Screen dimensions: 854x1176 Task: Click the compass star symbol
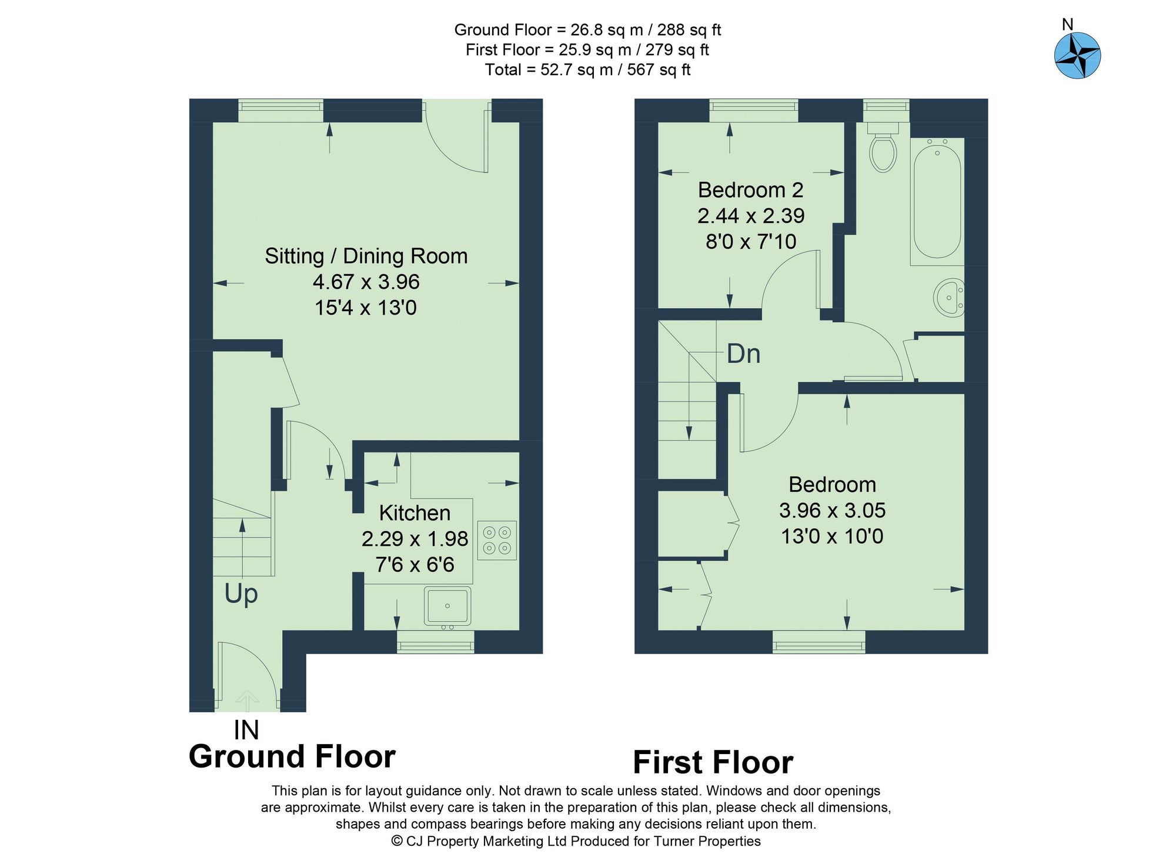click(x=1077, y=56)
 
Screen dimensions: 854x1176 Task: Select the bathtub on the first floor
click(x=937, y=201)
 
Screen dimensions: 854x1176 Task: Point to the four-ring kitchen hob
click(x=497, y=540)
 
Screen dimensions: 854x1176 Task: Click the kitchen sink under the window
click(x=447, y=606)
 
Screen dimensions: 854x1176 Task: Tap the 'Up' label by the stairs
click(x=241, y=594)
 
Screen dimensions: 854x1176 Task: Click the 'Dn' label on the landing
click(x=743, y=353)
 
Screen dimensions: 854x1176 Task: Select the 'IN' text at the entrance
click(x=246, y=730)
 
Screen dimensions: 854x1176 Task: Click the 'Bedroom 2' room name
click(x=750, y=190)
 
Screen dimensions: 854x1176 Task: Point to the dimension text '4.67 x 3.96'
click(x=366, y=282)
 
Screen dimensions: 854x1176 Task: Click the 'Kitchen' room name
click(x=415, y=513)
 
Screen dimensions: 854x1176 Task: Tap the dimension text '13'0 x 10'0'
click(x=831, y=536)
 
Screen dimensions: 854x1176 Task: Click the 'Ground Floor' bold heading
click(x=292, y=756)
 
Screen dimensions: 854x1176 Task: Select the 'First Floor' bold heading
click(x=713, y=762)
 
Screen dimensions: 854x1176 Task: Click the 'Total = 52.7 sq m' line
click(x=587, y=70)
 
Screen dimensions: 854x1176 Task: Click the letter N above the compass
click(x=1068, y=24)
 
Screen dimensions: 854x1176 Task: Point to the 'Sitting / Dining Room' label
click(x=366, y=256)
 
